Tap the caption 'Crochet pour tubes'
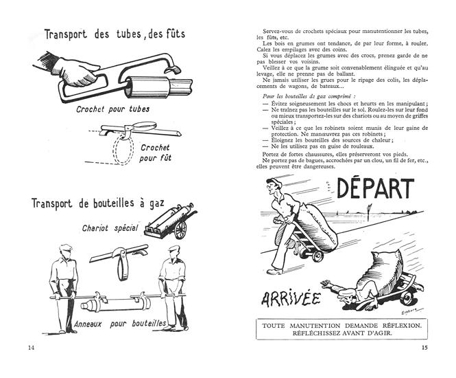click(112, 109)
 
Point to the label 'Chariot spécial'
click(110, 227)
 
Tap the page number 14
click(31, 348)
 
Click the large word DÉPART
click(375, 190)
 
